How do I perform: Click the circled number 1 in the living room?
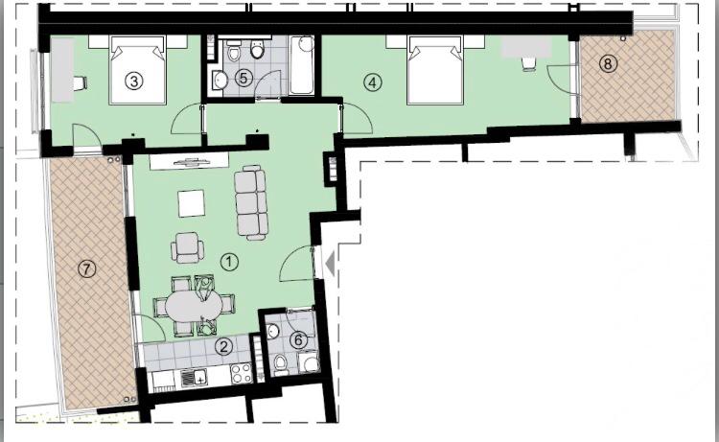(229, 262)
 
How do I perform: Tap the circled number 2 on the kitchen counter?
(223, 346)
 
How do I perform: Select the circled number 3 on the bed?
(134, 81)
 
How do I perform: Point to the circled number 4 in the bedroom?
(372, 82)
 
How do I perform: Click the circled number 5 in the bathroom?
(244, 78)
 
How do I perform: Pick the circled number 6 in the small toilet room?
(298, 340)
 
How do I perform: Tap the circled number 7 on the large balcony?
(86, 268)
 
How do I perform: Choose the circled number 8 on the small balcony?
(608, 63)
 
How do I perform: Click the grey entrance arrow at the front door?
(330, 264)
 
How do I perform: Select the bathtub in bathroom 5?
(302, 65)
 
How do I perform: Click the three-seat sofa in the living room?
(251, 202)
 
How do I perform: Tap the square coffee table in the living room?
(191, 203)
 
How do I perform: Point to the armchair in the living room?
(187, 247)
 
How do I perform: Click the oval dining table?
(194, 305)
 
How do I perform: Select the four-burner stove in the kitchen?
(241, 373)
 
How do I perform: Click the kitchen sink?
(194, 378)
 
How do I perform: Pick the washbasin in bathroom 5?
(220, 81)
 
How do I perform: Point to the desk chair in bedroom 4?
(528, 63)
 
